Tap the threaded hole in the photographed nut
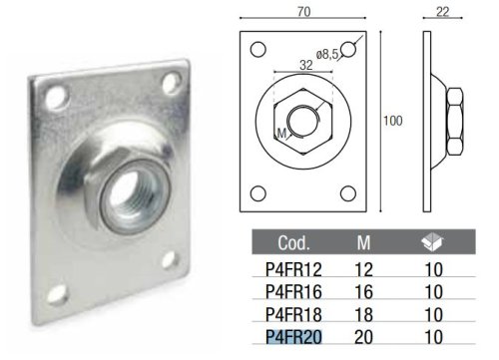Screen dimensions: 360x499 (x=133, y=185)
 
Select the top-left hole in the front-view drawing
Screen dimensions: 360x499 (x=257, y=48)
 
